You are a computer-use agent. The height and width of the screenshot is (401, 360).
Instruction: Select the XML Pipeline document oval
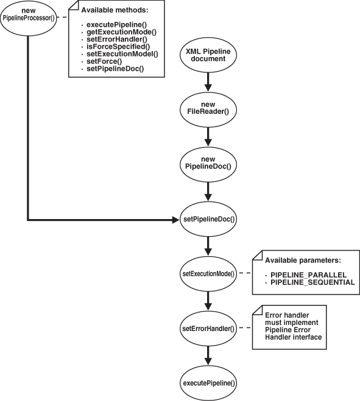point(209,57)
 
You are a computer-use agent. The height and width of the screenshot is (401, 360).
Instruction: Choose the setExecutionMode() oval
point(209,274)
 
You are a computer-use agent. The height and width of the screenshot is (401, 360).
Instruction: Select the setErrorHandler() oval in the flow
point(209,329)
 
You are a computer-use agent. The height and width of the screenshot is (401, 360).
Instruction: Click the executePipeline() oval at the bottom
point(209,383)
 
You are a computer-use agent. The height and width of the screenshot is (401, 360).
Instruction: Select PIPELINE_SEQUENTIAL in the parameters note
point(311,283)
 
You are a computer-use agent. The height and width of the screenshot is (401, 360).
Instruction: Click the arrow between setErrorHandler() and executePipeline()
point(209,356)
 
